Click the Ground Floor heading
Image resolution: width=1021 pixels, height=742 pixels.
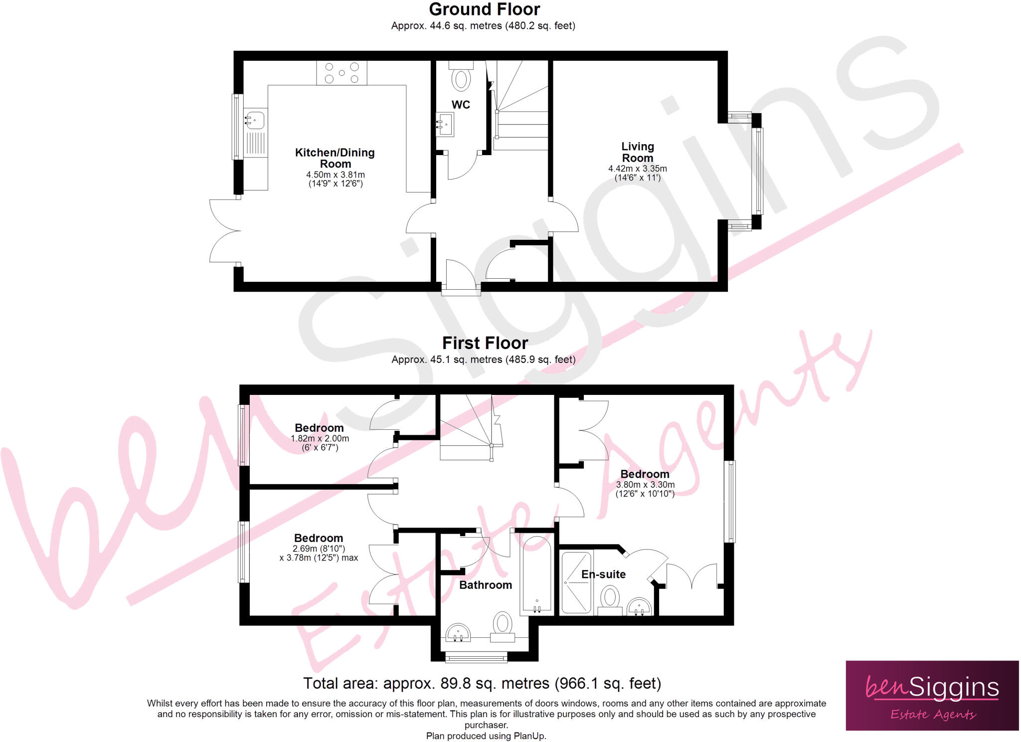pos(484,9)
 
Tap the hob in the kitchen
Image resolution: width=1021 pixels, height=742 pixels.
pos(341,73)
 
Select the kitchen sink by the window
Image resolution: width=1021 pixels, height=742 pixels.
pos(255,120)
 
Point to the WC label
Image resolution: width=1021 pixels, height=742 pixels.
pos(461,105)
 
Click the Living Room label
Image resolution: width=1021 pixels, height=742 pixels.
pos(637,152)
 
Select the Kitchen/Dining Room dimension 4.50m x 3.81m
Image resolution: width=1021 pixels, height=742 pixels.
pos(335,175)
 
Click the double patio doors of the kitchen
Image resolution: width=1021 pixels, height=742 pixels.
pos(224,231)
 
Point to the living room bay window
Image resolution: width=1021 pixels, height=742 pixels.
pos(757,171)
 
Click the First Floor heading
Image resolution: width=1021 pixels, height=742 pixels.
pos(485,343)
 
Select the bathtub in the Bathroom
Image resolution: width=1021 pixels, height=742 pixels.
pos(536,574)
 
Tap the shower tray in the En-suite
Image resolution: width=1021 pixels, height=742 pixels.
pos(576,582)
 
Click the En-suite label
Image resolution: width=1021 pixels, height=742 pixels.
pos(603,574)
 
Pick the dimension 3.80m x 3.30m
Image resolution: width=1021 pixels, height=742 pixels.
pos(645,485)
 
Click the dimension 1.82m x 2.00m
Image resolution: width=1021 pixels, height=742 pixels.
pos(320,439)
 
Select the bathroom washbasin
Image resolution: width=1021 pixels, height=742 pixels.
pos(458,633)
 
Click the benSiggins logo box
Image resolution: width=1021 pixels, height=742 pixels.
pos(932,696)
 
